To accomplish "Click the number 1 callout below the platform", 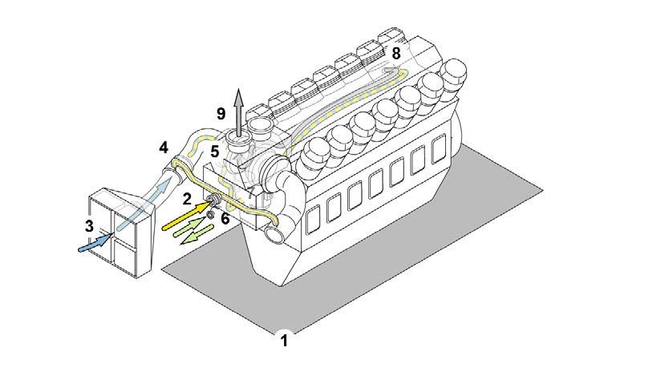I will (282, 340).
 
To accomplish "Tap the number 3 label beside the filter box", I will (89, 226).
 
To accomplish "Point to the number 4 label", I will (164, 148).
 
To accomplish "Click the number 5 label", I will (214, 150).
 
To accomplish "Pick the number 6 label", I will (225, 216).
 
